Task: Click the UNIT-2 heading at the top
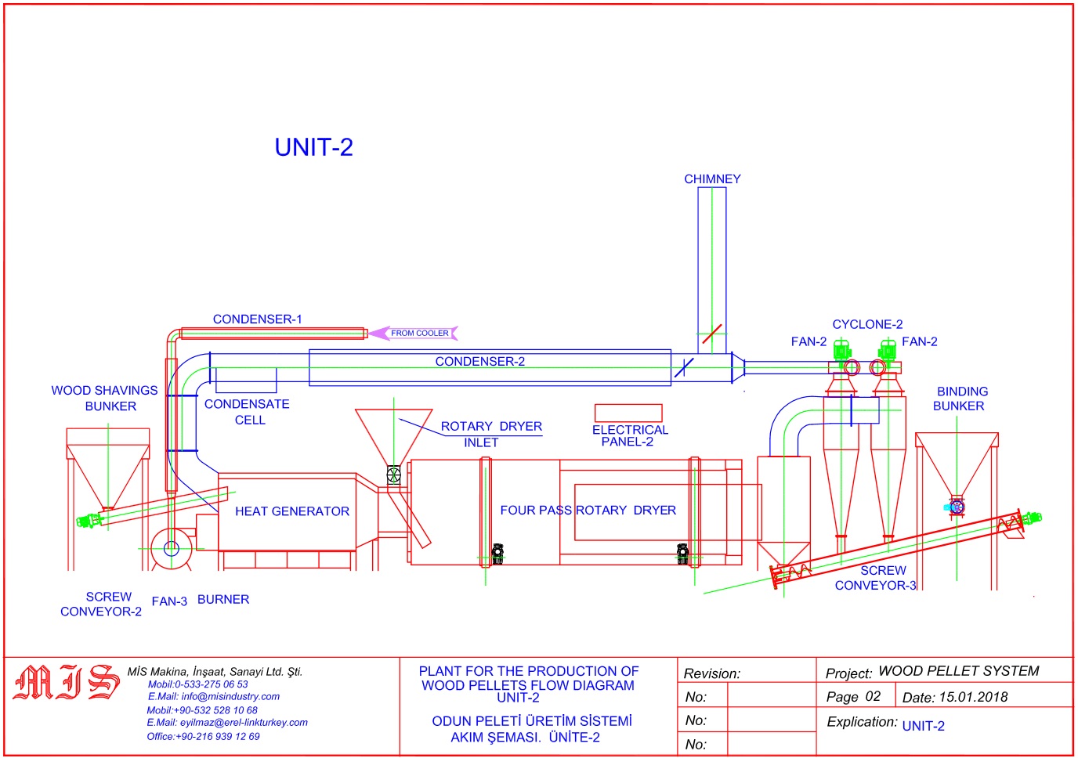313,147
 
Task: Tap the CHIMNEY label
712,179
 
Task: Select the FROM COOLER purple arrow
414,333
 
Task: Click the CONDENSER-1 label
257,319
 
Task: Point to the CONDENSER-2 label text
479,362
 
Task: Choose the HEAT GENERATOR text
292,511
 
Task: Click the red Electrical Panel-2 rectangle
628,413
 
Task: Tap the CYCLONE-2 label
867,324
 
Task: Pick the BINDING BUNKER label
960,399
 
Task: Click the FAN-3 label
169,601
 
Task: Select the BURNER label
223,600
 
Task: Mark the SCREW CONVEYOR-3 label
877,578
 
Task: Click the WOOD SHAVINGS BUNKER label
105,399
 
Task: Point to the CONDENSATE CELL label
248,412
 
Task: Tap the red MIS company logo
67,682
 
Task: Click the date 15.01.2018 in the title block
973,697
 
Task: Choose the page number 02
873,696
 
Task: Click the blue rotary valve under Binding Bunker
955,507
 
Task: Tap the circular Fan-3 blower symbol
172,548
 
